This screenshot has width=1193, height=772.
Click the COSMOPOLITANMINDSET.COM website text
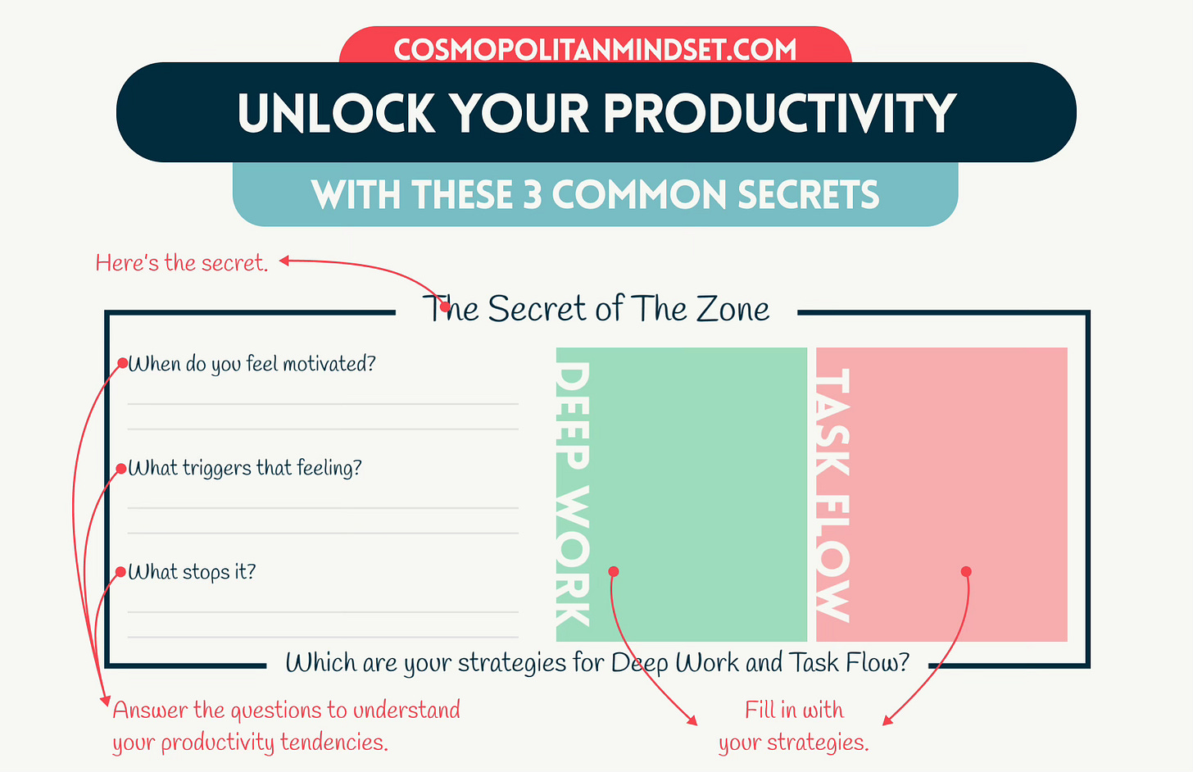pyautogui.click(x=595, y=50)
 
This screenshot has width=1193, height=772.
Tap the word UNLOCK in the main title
pyautogui.click(x=336, y=113)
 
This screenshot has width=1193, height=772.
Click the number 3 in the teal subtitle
pyautogui.click(x=533, y=195)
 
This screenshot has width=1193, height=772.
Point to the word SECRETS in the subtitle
pyautogui.click(x=808, y=195)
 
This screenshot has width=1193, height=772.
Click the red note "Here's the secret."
pyautogui.click(x=182, y=263)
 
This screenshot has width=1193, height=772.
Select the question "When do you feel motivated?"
pyautogui.click(x=252, y=364)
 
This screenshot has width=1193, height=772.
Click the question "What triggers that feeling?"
pyautogui.click(x=245, y=468)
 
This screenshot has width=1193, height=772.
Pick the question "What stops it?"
pyautogui.click(x=193, y=572)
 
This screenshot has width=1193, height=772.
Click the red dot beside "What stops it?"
pyautogui.click(x=121, y=572)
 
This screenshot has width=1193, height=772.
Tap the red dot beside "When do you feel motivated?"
pyautogui.click(x=122, y=363)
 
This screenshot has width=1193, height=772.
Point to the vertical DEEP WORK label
pyautogui.click(x=573, y=494)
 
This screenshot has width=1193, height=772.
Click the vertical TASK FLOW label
pyautogui.click(x=832, y=494)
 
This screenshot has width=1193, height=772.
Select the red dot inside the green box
pyautogui.click(x=614, y=571)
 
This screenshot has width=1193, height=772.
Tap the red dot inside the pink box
pyautogui.click(x=966, y=571)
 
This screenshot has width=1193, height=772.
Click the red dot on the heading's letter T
pyautogui.click(x=445, y=307)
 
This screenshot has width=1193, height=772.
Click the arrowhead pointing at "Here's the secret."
pyautogui.click(x=284, y=261)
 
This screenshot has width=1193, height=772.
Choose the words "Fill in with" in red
pyautogui.click(x=794, y=710)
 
